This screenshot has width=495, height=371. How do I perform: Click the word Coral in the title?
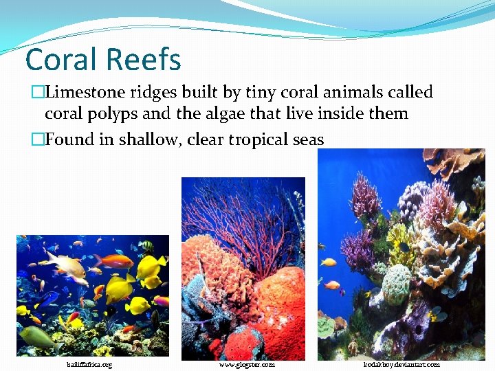coord(59,60)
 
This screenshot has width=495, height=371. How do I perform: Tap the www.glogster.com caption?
coord(247,364)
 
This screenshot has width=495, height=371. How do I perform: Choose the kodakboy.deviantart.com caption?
coord(402,364)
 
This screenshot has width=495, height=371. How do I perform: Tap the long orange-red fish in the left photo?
coord(113,260)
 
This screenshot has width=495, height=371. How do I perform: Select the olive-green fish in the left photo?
coord(38,337)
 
